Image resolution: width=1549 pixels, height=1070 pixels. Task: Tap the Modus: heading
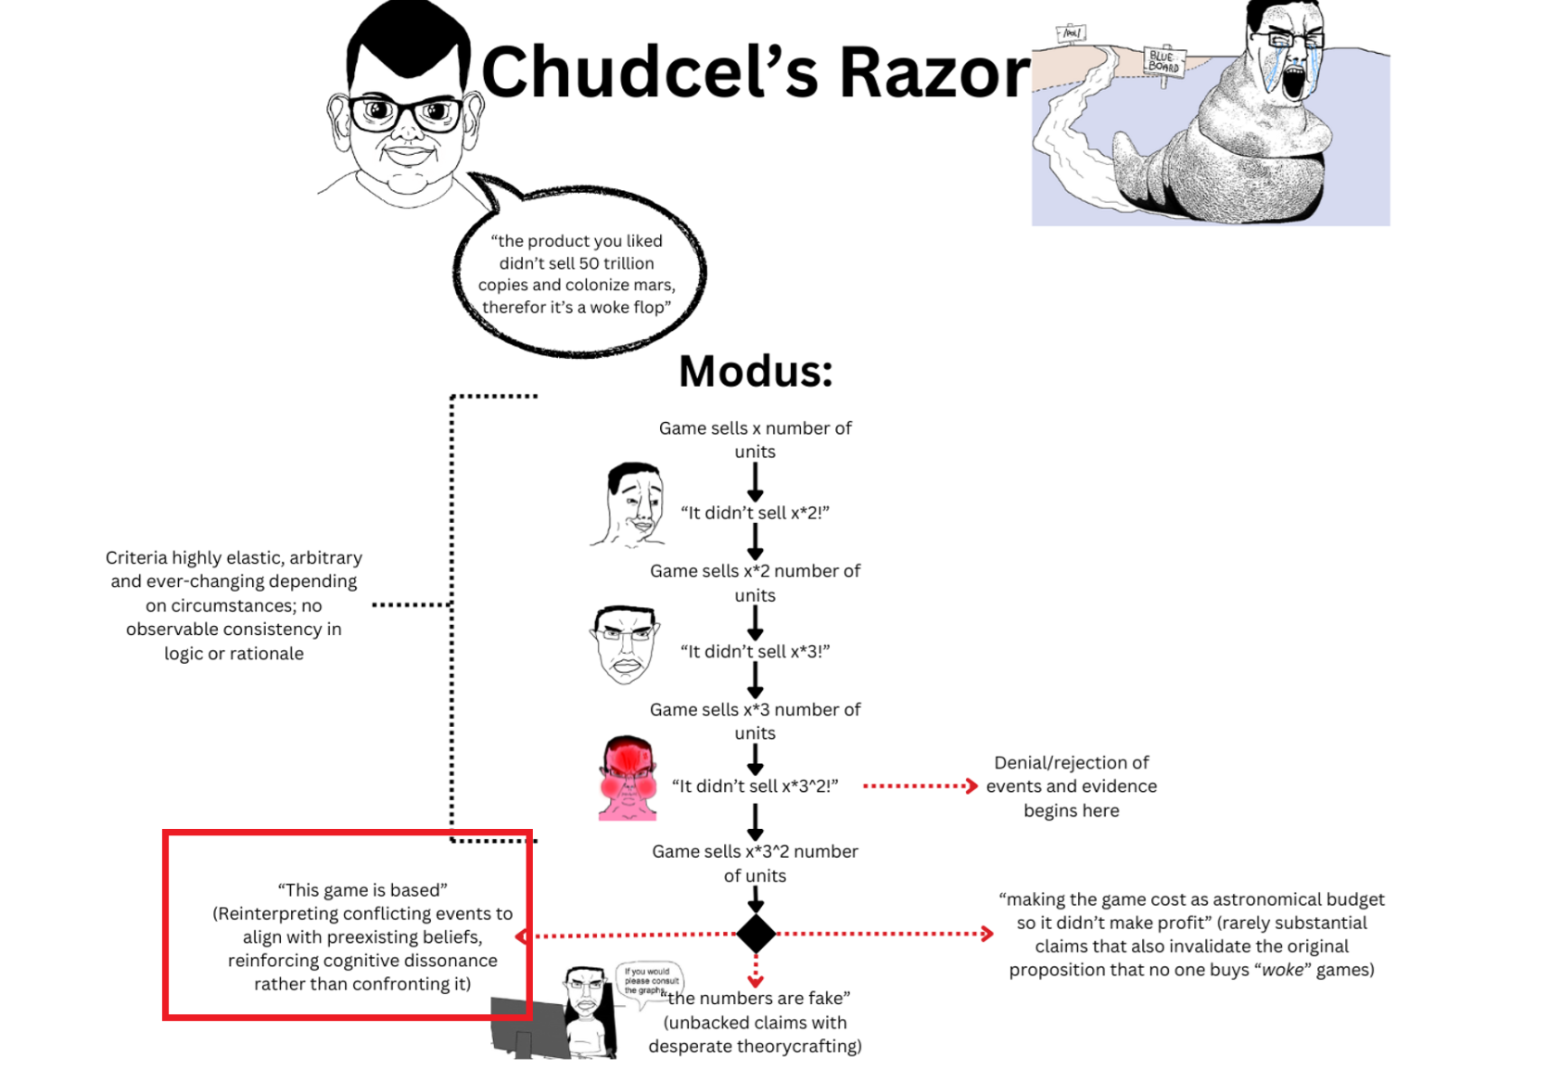pos(755,372)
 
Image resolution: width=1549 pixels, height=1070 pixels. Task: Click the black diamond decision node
pos(755,934)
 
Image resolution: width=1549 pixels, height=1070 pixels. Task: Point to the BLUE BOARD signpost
pos(1163,62)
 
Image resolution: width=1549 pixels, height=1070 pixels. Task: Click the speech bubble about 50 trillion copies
pos(578,274)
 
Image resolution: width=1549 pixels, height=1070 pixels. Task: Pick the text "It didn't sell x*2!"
pos(755,513)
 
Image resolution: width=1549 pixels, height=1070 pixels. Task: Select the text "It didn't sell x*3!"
pos(755,652)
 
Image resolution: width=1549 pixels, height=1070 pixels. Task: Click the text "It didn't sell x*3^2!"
pos(755,786)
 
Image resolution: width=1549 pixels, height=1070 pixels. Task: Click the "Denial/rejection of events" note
pos(1071,786)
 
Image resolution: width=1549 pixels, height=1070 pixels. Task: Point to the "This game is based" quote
pos(362,890)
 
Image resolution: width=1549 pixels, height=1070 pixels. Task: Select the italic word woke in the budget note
pos(1282,970)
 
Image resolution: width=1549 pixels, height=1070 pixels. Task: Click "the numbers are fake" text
pos(758,999)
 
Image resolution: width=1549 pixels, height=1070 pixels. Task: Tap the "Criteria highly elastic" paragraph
pos(234,605)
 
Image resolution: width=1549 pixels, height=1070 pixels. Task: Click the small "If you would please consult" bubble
pos(651,980)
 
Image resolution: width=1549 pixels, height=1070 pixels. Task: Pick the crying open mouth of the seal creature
pos(1294,83)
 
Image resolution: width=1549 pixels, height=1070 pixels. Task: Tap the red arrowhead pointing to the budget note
pos(987,934)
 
